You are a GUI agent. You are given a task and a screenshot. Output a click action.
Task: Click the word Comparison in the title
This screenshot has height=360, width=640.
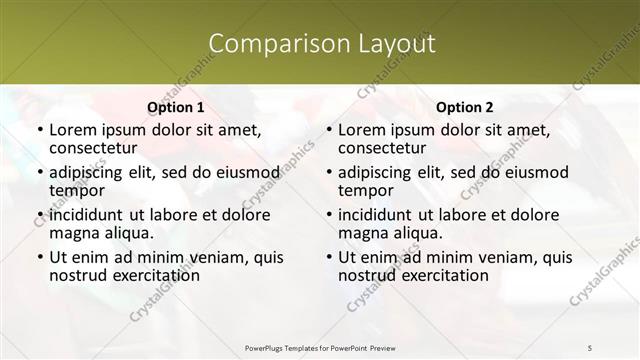pos(264,44)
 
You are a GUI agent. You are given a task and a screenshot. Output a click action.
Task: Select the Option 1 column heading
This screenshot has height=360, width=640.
pos(176,107)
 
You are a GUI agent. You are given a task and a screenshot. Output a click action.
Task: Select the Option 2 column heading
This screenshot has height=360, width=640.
pos(465,107)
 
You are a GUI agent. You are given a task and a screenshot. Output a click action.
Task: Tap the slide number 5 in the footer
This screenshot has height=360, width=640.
pos(589,346)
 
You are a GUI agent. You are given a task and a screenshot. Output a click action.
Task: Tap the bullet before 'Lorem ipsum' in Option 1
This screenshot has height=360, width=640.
pos(39,131)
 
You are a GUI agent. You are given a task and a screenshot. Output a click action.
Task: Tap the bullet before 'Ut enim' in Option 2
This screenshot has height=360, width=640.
pos(328,257)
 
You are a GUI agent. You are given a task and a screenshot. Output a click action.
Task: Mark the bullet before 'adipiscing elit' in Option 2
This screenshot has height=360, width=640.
pos(328,173)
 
